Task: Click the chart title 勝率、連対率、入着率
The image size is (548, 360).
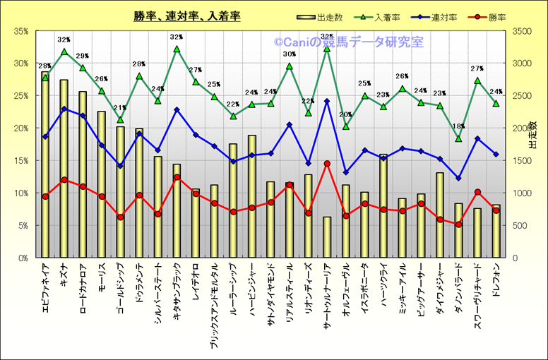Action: (186, 16)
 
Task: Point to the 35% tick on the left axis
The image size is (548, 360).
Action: (20, 31)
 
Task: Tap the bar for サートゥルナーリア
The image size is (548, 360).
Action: (327, 236)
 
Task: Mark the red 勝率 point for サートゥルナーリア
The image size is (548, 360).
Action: (327, 164)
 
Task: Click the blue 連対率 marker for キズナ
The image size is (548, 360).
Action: (64, 109)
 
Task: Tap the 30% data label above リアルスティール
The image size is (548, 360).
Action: (290, 54)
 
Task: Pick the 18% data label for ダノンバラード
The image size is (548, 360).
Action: (458, 126)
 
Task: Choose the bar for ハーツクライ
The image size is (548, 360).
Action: (383, 205)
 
